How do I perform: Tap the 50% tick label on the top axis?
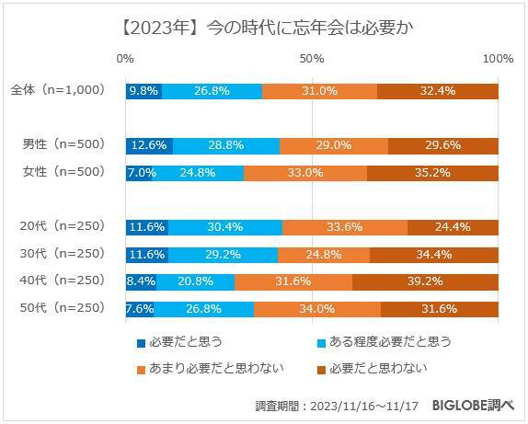pos(312,59)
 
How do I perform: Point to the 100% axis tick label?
pos(498,59)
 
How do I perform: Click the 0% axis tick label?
pos(126,59)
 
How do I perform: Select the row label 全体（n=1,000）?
pos(58,91)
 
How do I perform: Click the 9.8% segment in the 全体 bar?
pos(143,91)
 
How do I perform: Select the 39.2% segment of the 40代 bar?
pos(425,281)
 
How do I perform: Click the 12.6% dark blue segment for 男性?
pos(149,145)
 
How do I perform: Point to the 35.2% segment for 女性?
pos(432,173)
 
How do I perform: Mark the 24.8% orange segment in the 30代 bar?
pos(324,255)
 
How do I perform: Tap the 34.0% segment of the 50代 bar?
pos(317,309)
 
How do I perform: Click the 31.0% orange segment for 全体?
pos(320,91)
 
